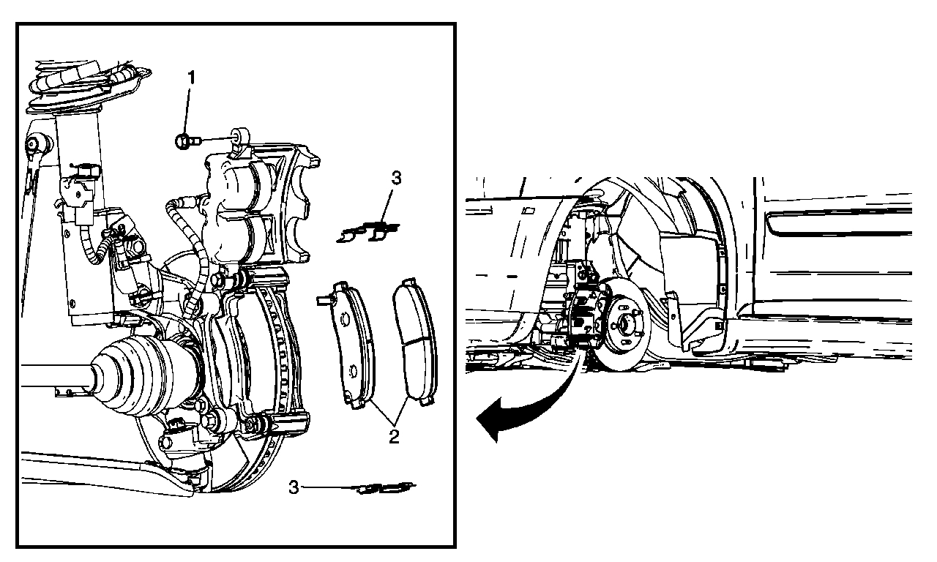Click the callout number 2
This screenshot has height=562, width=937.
[x=394, y=438]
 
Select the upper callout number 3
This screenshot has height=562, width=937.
[x=396, y=178]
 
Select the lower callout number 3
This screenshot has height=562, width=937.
[x=294, y=487]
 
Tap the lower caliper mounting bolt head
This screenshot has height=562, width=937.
[x=212, y=420]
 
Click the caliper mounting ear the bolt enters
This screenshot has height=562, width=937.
[x=240, y=136]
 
